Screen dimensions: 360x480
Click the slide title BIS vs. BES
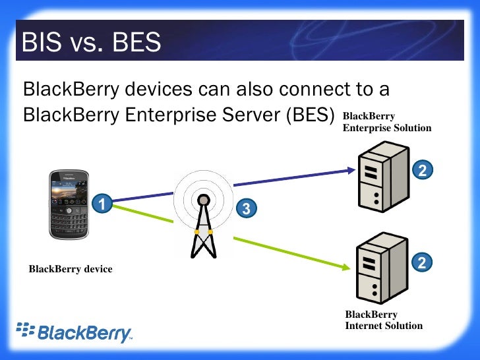(92, 43)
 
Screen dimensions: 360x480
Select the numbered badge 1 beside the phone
(101, 204)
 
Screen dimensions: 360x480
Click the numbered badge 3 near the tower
(245, 209)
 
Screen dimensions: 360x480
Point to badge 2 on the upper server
(423, 170)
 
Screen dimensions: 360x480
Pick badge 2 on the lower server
(423, 263)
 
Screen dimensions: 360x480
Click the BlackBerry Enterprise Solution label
(386, 122)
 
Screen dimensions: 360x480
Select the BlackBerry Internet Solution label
(384, 320)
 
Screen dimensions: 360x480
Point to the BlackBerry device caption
(71, 269)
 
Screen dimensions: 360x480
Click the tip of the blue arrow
(353, 170)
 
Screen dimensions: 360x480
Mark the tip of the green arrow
(347, 267)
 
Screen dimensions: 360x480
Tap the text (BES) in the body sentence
(311, 115)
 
